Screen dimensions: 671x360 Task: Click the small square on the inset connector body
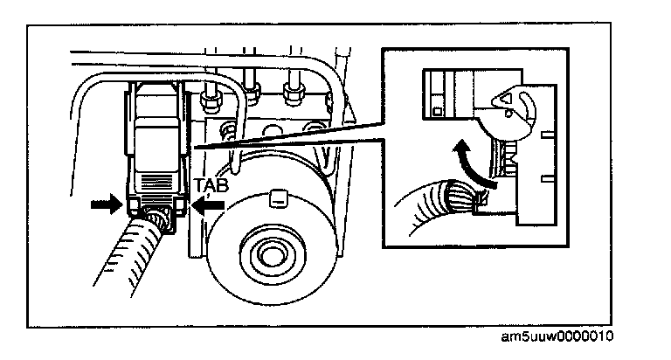point(435,112)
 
